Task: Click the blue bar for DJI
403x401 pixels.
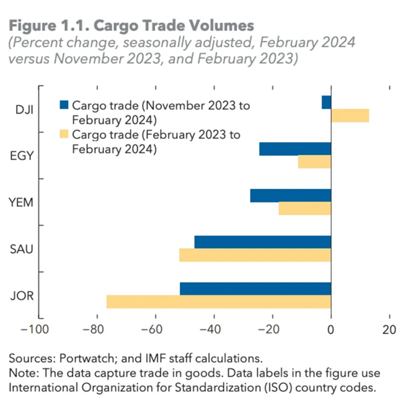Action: [327, 102]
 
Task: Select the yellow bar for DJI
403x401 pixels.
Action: [350, 115]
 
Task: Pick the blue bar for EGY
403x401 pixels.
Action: [295, 148]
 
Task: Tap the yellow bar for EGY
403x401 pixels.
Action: [314, 161]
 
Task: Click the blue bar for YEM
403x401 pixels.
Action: [291, 195]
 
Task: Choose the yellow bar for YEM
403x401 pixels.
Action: [305, 208]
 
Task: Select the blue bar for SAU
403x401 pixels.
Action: [263, 241]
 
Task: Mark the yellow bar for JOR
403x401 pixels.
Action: [219, 302]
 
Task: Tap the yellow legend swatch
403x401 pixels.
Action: [64, 135]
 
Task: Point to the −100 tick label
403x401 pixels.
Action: [37, 328]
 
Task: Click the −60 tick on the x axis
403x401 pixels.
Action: [155, 328]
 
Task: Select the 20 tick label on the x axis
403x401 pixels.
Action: [389, 328]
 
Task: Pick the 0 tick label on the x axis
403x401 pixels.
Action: [331, 328]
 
